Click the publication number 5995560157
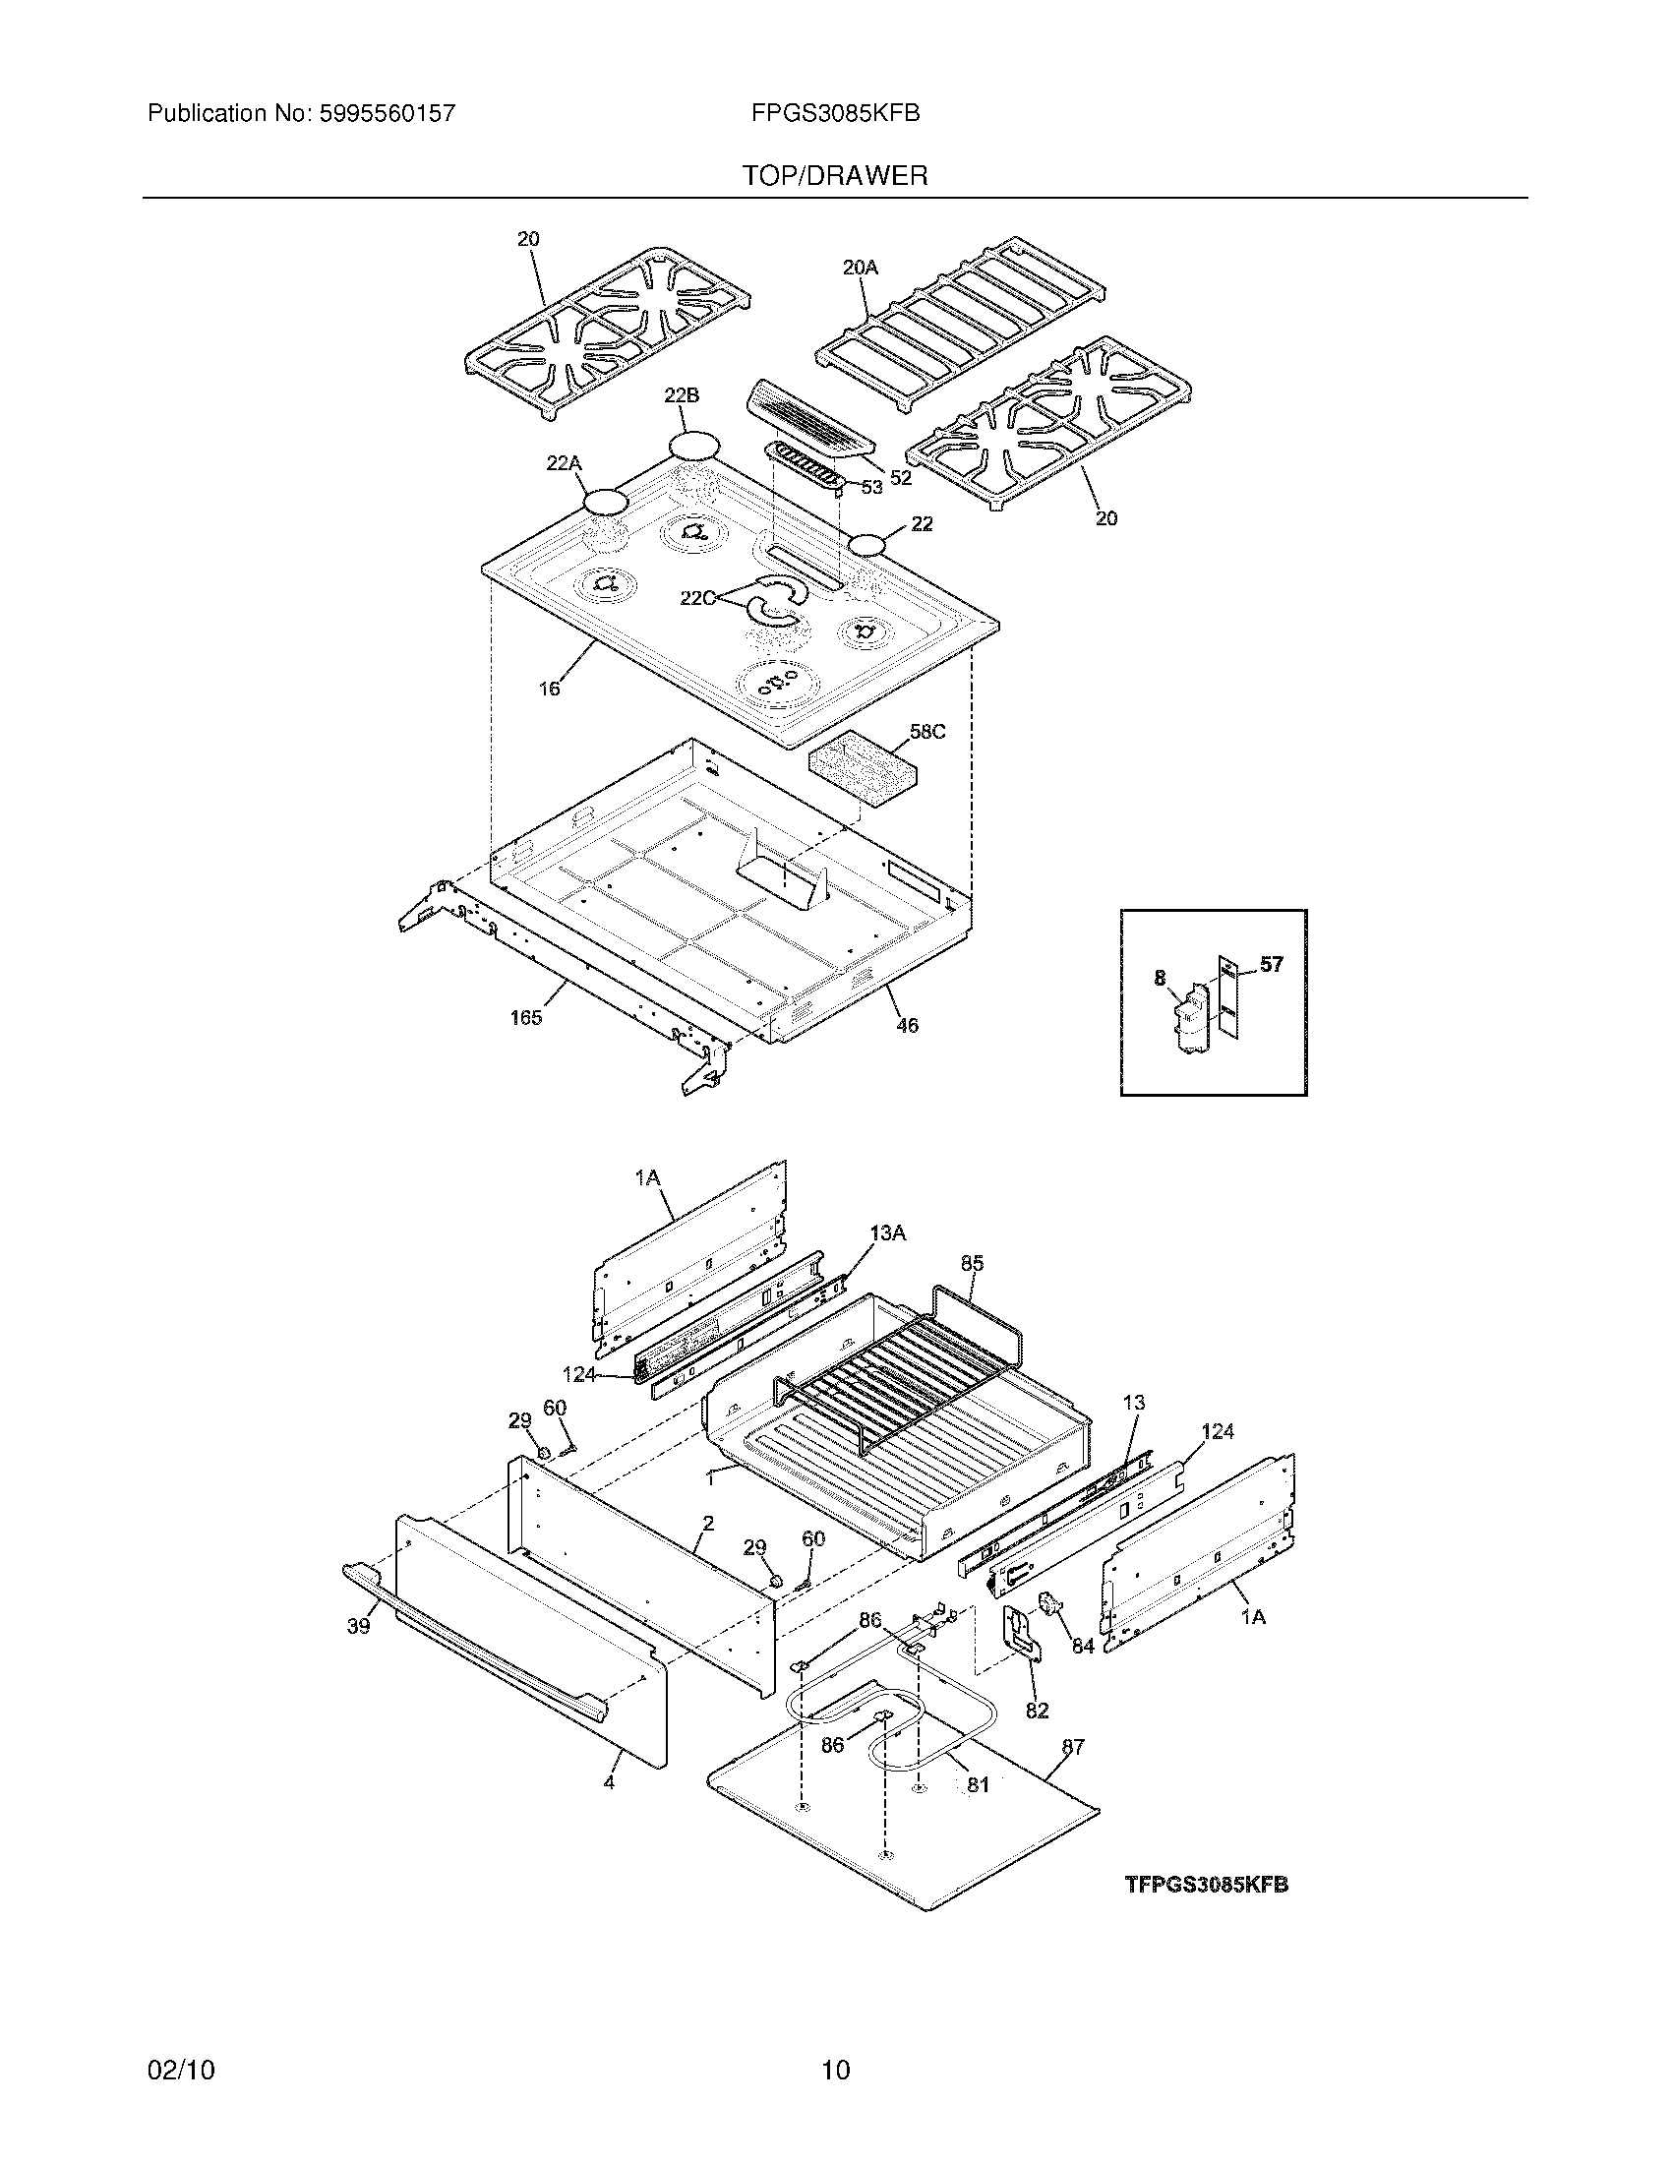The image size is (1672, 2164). point(387,114)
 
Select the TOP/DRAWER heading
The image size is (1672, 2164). point(835,176)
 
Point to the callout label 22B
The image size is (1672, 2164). point(681,395)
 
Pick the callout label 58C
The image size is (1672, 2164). point(927,732)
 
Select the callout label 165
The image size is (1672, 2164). point(526,1018)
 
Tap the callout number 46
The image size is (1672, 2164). point(907,1026)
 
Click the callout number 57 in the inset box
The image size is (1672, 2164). point(1271,964)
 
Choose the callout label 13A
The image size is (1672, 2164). point(887,1232)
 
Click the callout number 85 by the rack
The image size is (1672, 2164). point(972,1263)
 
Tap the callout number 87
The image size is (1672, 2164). point(1073,1747)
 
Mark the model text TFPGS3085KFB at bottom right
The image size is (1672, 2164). point(1206,1885)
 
